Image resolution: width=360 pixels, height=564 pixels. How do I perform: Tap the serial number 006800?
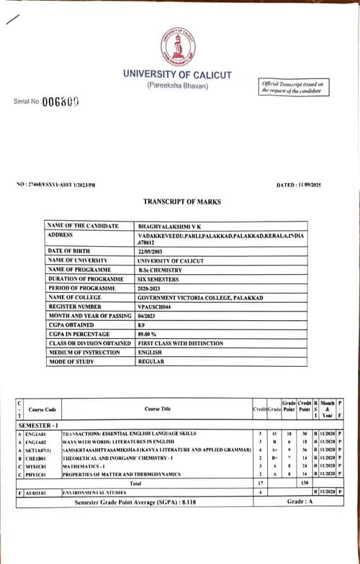(x=59, y=101)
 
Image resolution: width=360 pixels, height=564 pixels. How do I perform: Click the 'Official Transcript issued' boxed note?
(x=292, y=88)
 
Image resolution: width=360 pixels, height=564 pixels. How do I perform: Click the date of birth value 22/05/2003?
(x=153, y=250)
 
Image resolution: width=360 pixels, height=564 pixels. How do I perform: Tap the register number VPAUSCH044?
(x=157, y=306)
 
